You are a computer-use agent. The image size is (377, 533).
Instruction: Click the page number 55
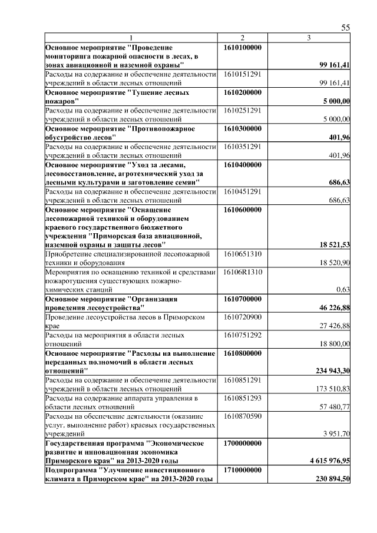(346, 28)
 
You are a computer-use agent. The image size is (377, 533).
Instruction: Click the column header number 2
(242, 38)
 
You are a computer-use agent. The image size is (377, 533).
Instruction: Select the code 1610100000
(243, 47)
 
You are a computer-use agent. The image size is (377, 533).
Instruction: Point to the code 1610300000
(243, 128)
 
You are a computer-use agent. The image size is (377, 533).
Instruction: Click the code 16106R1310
(243, 272)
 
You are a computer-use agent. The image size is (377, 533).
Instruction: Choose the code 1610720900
(243, 317)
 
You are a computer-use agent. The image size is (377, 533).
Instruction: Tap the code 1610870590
(243, 416)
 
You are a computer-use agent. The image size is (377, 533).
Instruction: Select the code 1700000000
(243, 443)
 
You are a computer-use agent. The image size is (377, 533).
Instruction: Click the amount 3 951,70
(336, 434)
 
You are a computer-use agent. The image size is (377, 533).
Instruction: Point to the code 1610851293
(243, 398)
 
